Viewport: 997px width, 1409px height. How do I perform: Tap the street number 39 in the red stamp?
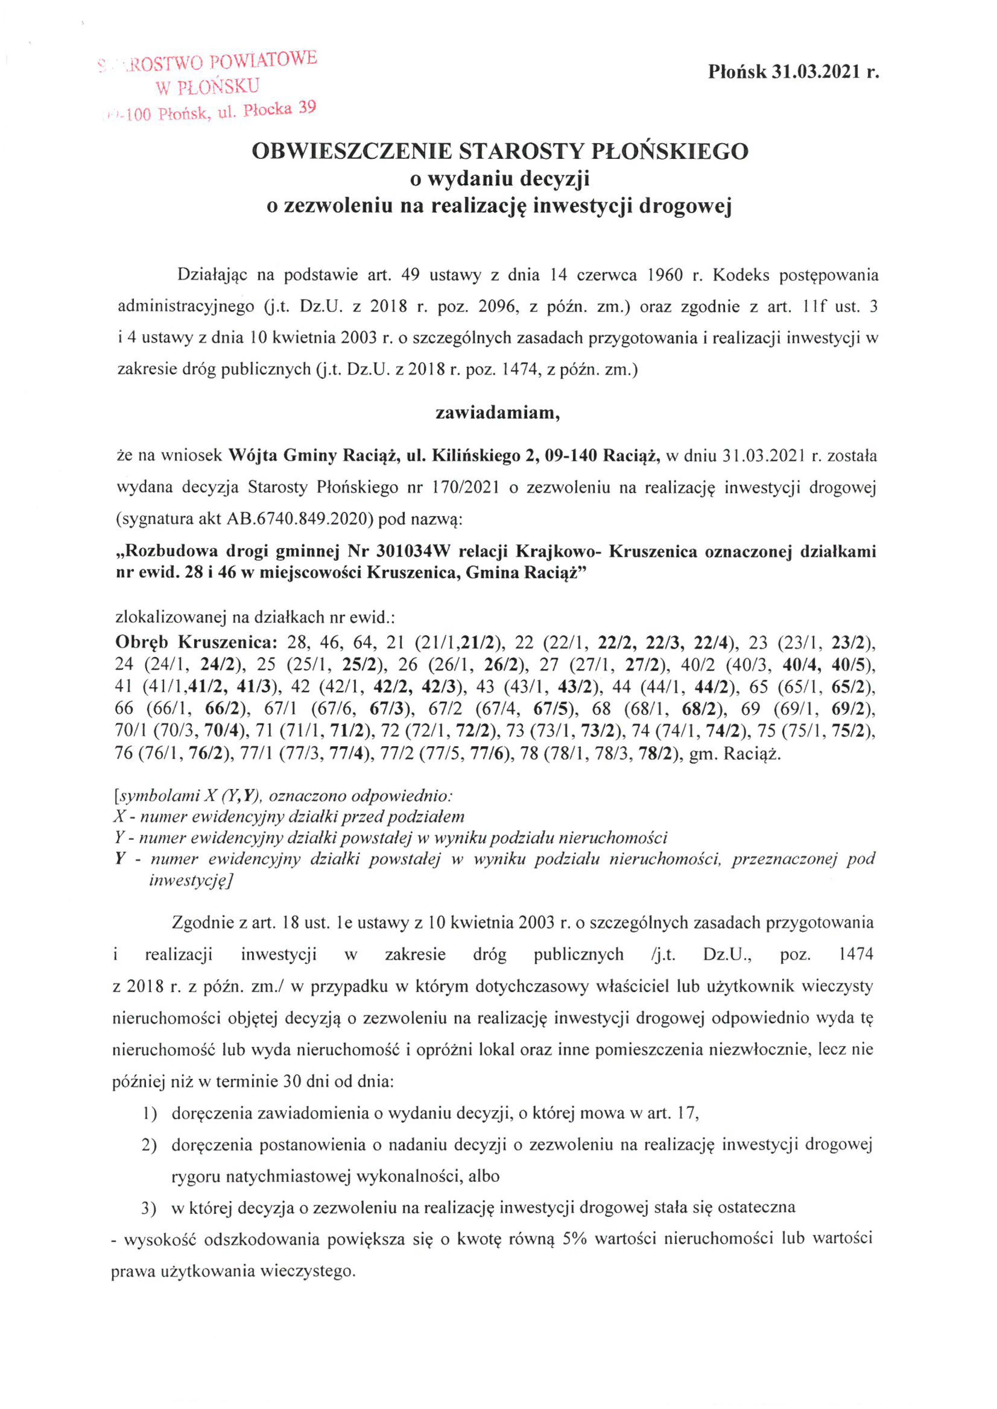pyautogui.click(x=307, y=108)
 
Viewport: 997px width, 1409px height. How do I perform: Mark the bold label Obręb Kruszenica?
pyautogui.click(x=196, y=643)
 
